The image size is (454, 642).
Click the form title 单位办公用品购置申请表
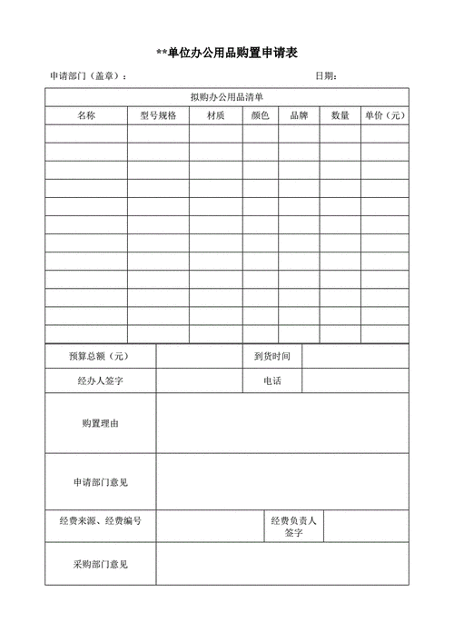click(227, 54)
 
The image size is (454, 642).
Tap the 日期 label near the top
click(326, 76)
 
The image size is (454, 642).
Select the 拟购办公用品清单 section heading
click(227, 97)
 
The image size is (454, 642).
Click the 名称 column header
click(86, 115)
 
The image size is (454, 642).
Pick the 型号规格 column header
click(158, 115)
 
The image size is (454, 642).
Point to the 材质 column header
click(216, 115)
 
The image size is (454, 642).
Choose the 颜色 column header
click(261, 115)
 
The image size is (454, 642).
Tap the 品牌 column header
click(299, 115)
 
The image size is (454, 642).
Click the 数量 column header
click(340, 115)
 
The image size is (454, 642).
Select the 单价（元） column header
click(385, 115)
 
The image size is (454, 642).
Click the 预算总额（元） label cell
click(100, 357)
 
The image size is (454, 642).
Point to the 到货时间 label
click(271, 357)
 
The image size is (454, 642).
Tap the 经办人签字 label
click(100, 380)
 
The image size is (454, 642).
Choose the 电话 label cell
click(271, 380)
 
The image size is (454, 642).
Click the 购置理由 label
click(100, 423)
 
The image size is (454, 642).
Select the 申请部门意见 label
click(100, 481)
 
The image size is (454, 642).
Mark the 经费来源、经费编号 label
click(100, 521)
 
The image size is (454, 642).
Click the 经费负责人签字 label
click(293, 527)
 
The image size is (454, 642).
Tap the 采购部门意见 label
click(100, 564)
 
